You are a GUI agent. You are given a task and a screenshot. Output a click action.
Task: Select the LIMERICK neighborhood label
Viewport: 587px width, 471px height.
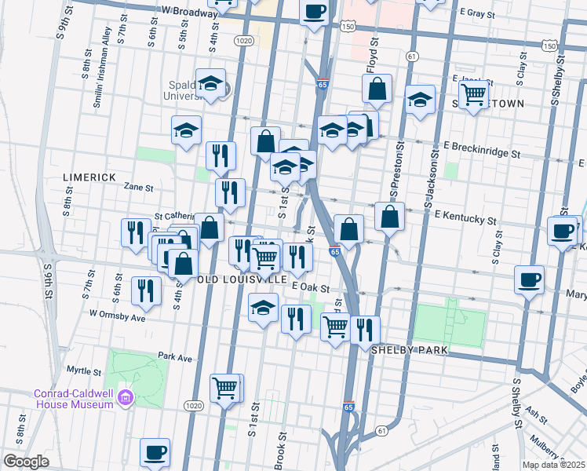pyautogui.click(x=89, y=177)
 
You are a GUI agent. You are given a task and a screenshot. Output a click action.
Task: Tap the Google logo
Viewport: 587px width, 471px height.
pyautogui.click(x=26, y=462)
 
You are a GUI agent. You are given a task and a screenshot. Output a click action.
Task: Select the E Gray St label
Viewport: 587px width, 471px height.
pyautogui.click(x=480, y=13)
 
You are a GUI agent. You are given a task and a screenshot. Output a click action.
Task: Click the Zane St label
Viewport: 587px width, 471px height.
pyautogui.click(x=138, y=188)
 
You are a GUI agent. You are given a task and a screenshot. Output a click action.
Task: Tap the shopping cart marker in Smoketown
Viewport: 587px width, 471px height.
pyautogui.click(x=474, y=94)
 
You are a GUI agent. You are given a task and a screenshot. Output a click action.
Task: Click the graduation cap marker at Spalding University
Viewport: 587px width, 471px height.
pyautogui.click(x=210, y=84)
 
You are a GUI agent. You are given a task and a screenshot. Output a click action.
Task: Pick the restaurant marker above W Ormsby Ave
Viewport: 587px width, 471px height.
pyautogui.click(x=146, y=289)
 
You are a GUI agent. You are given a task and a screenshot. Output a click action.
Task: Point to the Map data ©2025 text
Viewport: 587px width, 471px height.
pyautogui.click(x=553, y=465)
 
